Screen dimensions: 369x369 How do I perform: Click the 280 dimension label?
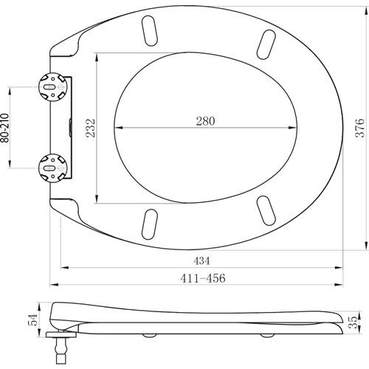point(205,121)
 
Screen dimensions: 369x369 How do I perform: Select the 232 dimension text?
point(90,128)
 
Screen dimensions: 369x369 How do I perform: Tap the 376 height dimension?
point(359,128)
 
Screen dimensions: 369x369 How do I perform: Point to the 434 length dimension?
point(201,261)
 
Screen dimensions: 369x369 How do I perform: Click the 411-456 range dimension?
point(203,278)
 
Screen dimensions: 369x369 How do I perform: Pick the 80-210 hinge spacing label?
point(5,128)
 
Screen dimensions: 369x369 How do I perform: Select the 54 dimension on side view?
point(33,320)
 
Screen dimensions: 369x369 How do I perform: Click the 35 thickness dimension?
point(354,322)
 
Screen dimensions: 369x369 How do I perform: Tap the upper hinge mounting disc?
point(53,87)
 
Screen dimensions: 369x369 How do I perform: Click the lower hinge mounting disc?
point(53,168)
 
